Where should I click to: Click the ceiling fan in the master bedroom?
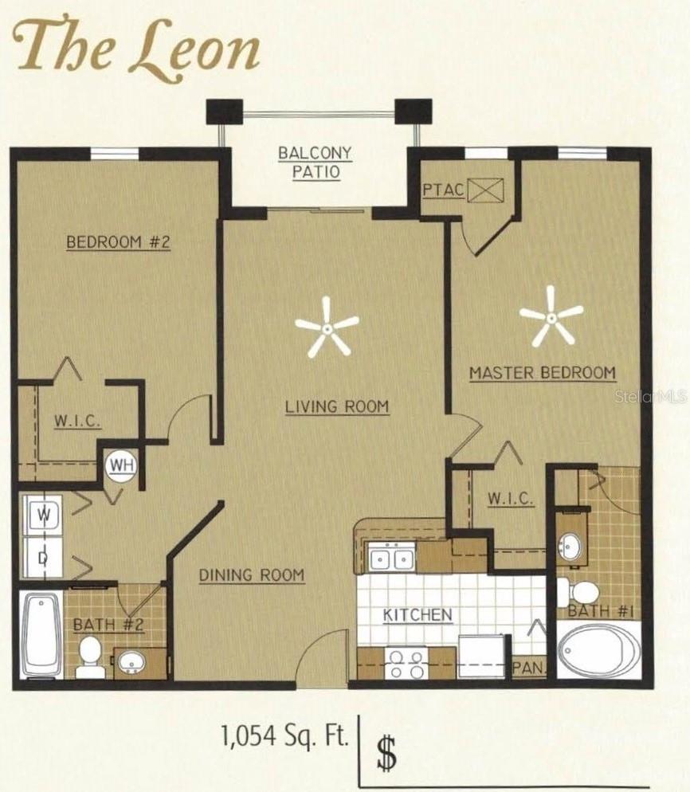(551, 316)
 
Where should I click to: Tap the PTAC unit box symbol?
(481, 190)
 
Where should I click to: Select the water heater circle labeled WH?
(120, 464)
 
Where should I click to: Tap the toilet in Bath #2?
(90, 658)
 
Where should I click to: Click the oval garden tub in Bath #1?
(598, 649)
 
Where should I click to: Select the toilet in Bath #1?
(579, 592)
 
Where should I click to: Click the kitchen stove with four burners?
(406, 663)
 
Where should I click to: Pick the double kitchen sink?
(392, 559)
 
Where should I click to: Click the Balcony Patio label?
(315, 162)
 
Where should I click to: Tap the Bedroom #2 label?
(118, 242)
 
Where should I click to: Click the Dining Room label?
(251, 574)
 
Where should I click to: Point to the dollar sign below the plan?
(386, 753)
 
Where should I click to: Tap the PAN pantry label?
(527, 668)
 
